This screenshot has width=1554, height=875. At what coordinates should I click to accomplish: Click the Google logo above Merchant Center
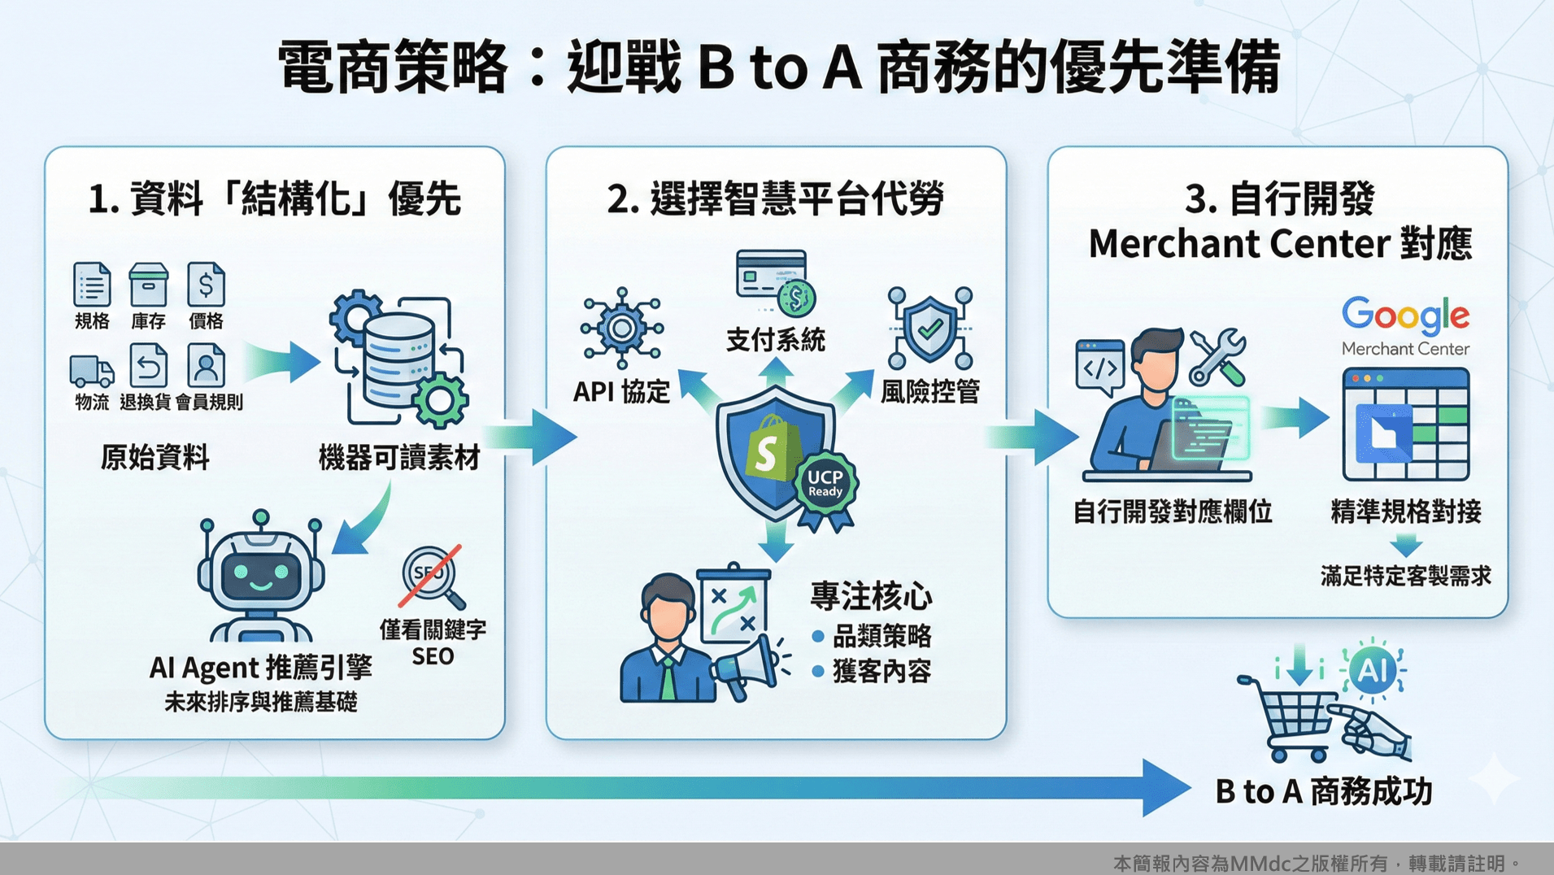click(x=1405, y=316)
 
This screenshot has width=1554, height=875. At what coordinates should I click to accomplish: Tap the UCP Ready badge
click(x=825, y=485)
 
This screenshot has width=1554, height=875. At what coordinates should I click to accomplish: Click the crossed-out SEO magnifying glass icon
click(x=431, y=576)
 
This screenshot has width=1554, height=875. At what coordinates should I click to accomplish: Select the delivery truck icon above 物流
click(x=91, y=371)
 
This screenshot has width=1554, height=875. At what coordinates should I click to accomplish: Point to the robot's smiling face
click(x=260, y=573)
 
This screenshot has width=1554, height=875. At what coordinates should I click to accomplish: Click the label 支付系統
click(x=775, y=340)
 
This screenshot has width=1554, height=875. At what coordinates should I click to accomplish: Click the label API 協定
click(x=621, y=392)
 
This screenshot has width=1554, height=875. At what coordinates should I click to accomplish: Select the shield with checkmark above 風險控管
click(x=930, y=328)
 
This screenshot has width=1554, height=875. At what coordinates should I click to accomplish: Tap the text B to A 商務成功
click(x=1323, y=791)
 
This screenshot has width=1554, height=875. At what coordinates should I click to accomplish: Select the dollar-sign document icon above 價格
click(x=206, y=285)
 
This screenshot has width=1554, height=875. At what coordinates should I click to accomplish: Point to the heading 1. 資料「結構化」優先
click(x=274, y=199)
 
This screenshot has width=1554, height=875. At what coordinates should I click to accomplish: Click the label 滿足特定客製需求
click(x=1404, y=577)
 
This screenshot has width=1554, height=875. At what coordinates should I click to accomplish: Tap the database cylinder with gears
click(x=398, y=359)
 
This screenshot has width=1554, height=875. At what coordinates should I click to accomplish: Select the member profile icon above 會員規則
click(x=206, y=366)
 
